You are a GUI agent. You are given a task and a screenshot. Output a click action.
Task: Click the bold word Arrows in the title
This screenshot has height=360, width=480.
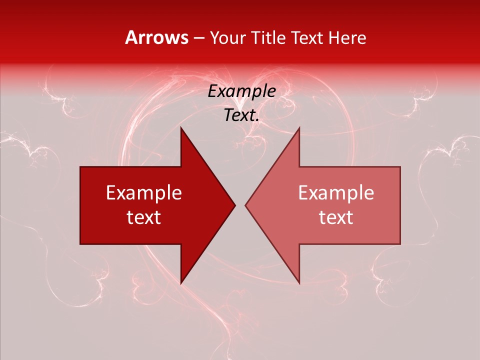click(x=156, y=38)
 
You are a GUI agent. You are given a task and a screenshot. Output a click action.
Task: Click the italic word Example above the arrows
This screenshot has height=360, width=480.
click(x=241, y=91)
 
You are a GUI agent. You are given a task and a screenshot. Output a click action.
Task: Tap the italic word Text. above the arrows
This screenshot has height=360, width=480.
click(x=241, y=115)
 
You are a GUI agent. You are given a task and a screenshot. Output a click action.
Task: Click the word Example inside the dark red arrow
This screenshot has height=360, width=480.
click(x=144, y=193)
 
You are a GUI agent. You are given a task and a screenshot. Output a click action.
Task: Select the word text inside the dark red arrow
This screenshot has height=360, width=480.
click(x=144, y=217)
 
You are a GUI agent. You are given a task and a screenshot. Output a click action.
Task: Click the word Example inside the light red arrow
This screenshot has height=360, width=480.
click(x=336, y=193)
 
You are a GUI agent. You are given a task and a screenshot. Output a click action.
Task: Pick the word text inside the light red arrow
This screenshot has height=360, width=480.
click(x=336, y=217)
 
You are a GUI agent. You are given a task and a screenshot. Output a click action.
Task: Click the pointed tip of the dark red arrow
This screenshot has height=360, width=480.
click(x=234, y=205)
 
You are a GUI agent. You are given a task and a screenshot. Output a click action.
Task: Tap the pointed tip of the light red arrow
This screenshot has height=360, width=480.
click(x=245, y=205)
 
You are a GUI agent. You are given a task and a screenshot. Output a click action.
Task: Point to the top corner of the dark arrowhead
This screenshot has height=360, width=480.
click(x=181, y=127)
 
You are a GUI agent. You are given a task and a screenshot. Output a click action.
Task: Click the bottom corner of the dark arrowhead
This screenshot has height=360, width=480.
click(x=181, y=283)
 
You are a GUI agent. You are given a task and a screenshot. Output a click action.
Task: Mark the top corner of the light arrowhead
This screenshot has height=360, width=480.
click(x=299, y=127)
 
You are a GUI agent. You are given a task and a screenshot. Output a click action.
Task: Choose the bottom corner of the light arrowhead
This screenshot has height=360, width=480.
click(x=299, y=283)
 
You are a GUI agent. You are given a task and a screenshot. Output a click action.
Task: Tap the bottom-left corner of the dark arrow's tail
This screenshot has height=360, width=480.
click(x=81, y=243)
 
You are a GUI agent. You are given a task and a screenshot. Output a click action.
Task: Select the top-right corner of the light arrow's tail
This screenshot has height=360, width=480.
click(x=399, y=167)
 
